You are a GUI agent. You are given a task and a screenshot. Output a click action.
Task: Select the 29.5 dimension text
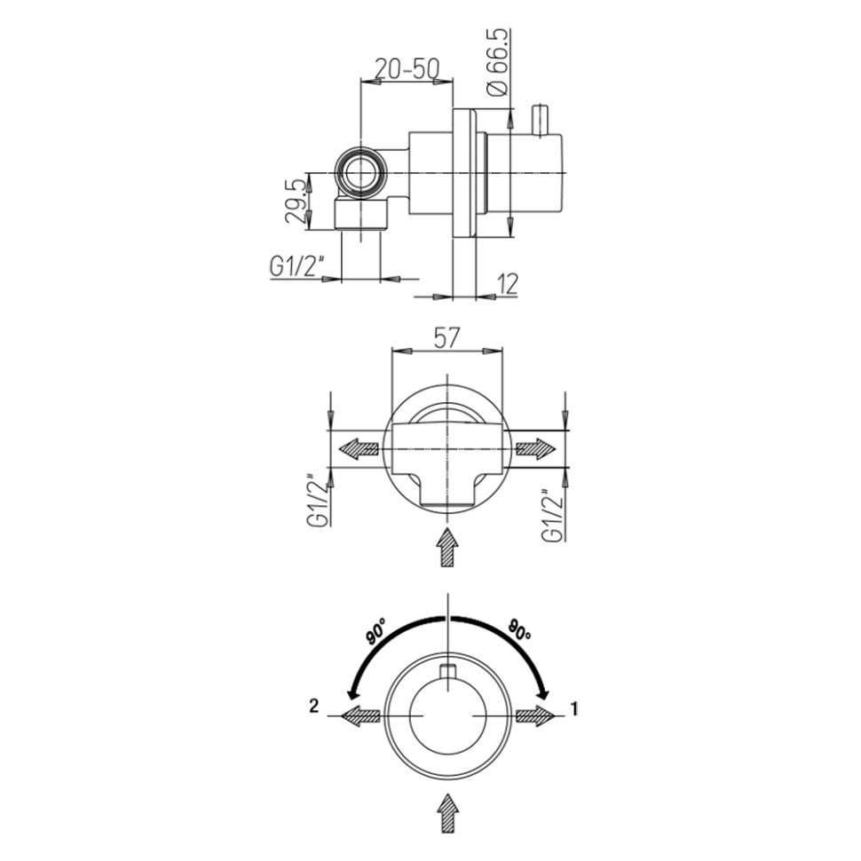(x=296, y=201)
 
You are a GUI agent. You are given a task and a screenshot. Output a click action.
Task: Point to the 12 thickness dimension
(x=509, y=283)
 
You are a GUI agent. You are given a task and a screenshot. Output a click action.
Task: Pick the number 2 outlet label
(x=313, y=706)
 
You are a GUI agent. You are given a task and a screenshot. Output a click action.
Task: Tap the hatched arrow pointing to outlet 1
(x=536, y=715)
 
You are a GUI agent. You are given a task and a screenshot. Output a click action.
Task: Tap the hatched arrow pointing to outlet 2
(x=360, y=715)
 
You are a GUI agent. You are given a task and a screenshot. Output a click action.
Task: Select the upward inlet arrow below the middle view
(x=448, y=548)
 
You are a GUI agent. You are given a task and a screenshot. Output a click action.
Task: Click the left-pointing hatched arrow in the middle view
(x=359, y=450)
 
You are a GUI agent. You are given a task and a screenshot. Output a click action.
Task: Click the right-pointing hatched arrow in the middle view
(x=536, y=450)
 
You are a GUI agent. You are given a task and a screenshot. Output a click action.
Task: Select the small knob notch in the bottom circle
(x=448, y=672)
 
